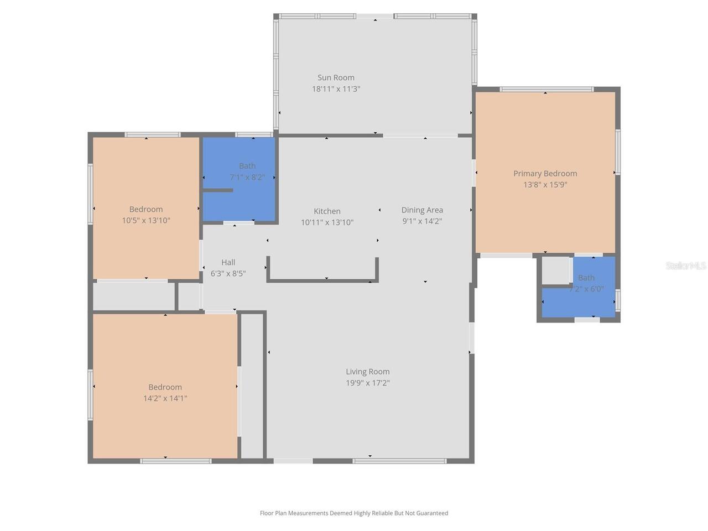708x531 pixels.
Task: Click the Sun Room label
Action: click(x=336, y=77)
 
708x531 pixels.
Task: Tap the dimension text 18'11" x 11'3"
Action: click(x=336, y=89)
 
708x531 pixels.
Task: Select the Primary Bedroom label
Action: click(x=545, y=174)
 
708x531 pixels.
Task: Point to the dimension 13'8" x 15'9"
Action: click(x=545, y=185)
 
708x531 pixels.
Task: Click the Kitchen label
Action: click(x=327, y=211)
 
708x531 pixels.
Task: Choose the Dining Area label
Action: click(x=422, y=210)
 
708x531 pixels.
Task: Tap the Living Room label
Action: click(x=368, y=372)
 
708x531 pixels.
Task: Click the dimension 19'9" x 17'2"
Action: click(x=368, y=383)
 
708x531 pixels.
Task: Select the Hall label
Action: click(x=228, y=262)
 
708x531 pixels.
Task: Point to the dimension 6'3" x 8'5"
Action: click(x=228, y=274)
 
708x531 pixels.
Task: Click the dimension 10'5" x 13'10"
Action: click(x=146, y=221)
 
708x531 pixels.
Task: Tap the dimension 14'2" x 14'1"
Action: click(x=165, y=398)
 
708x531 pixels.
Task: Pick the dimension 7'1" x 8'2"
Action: click(x=247, y=178)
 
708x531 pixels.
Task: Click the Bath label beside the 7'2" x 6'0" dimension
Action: click(x=586, y=278)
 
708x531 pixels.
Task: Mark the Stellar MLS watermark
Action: click(x=686, y=265)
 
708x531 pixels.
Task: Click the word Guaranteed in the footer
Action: click(x=432, y=513)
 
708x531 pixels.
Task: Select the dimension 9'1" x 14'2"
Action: click(x=422, y=221)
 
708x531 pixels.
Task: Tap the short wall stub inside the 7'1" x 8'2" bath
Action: click(x=217, y=190)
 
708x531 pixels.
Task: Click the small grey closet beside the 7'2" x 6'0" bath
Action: click(x=556, y=270)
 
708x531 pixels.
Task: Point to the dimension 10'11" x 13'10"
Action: click(x=327, y=222)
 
